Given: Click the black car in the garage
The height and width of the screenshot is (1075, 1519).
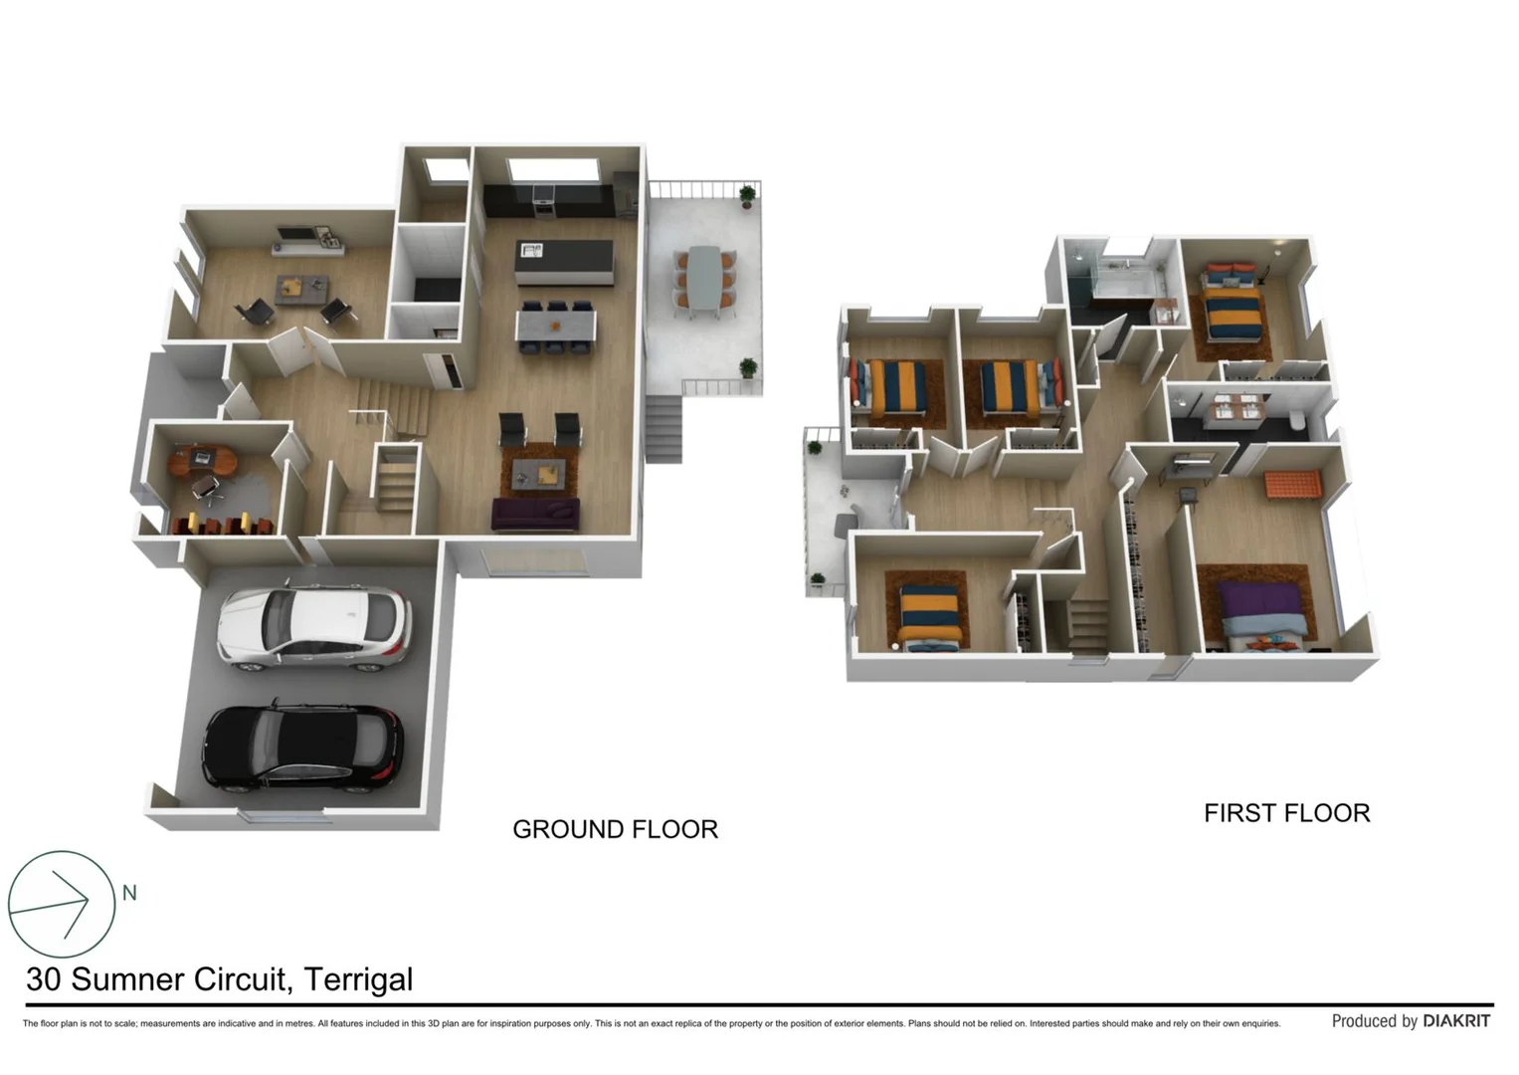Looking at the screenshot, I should [x=303, y=747].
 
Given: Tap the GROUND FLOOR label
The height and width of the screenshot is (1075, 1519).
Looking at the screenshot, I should [x=615, y=829].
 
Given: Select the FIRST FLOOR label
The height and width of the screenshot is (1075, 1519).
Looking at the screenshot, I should [x=1286, y=813].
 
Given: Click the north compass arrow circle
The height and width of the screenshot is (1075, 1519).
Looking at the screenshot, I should [x=62, y=904].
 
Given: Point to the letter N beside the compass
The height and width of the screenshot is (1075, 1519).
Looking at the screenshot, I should [x=129, y=893].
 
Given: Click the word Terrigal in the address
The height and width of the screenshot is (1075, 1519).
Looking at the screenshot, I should [x=358, y=979].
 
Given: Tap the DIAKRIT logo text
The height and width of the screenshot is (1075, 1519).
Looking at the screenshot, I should [x=1456, y=1021].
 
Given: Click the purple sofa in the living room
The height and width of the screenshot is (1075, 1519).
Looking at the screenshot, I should [x=535, y=515].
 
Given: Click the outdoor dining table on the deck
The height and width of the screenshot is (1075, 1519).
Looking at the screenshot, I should [x=704, y=281].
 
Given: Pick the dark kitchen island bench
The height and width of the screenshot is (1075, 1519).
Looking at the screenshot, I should [x=563, y=261].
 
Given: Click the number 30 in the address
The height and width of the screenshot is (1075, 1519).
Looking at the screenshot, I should [x=44, y=979].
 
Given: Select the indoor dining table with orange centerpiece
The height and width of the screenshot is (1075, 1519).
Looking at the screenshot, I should [x=555, y=324].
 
